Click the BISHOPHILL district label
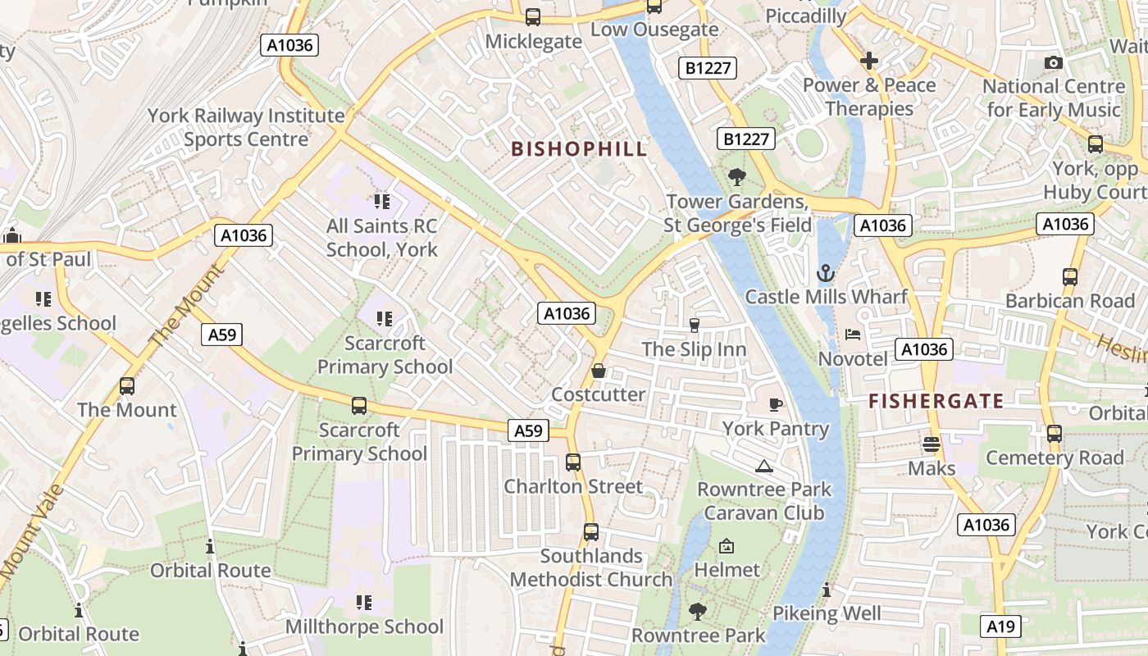pyautogui.click(x=579, y=149)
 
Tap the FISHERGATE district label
pyautogui.click(x=936, y=401)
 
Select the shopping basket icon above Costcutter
pyautogui.click(x=599, y=371)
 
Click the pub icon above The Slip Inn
pyautogui.click(x=695, y=326)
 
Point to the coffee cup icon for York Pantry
pyautogui.click(x=776, y=404)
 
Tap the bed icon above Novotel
pyautogui.click(x=853, y=335)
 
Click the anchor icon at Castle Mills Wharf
pyautogui.click(x=825, y=274)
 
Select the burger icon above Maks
pyautogui.click(x=931, y=444)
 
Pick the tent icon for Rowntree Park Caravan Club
pyautogui.click(x=764, y=467)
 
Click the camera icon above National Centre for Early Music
pyautogui.click(x=1054, y=63)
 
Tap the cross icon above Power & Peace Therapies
pyautogui.click(x=869, y=61)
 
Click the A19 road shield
pyautogui.click(x=1000, y=626)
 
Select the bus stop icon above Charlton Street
pyautogui.click(x=573, y=462)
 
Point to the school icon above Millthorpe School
pyautogui.click(x=364, y=604)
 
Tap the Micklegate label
pyautogui.click(x=534, y=41)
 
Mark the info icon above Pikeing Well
pyautogui.click(x=827, y=590)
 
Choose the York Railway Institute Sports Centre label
pyautogui.click(x=246, y=127)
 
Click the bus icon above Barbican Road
pyautogui.click(x=1070, y=277)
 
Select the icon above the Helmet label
pyautogui.click(x=727, y=546)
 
